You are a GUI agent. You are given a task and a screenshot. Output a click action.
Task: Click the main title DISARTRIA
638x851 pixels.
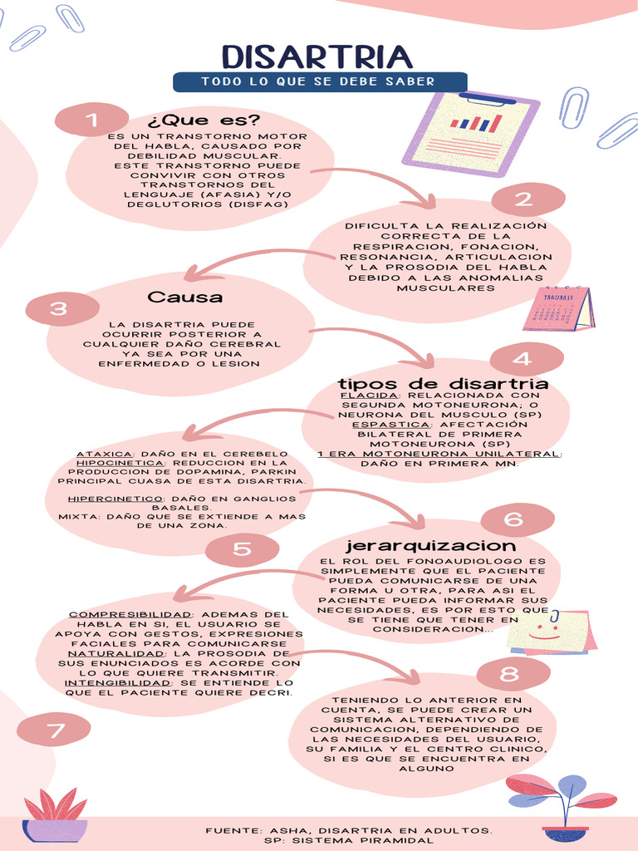317,57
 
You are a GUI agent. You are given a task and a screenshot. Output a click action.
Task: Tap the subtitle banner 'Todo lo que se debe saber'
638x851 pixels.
320,82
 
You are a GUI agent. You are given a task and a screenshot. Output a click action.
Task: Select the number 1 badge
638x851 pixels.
91,120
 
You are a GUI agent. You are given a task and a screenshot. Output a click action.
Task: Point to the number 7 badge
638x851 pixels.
54,730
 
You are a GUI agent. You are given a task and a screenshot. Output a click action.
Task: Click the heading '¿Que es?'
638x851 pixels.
204,120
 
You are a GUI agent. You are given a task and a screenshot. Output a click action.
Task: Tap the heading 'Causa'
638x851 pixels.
184,297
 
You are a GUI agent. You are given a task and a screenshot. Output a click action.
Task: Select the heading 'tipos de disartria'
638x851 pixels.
444,384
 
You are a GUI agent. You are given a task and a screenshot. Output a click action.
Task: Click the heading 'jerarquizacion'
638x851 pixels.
431,545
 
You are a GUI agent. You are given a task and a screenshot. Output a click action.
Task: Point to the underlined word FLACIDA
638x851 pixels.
368,396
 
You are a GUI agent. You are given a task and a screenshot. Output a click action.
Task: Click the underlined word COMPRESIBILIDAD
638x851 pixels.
130,614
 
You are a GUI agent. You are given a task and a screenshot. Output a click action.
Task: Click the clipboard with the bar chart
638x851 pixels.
470,134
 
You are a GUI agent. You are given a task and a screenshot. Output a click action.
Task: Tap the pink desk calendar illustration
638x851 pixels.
558,308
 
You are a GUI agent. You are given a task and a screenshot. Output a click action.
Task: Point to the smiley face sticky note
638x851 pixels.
551,632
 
